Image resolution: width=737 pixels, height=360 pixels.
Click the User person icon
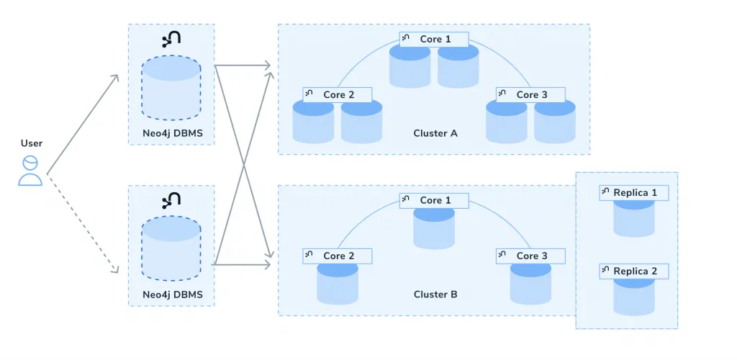pos(30,171)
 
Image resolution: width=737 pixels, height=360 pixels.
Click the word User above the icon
pos(31,143)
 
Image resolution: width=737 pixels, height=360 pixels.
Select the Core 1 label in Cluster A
pos(435,39)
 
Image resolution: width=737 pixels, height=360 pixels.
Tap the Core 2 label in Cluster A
pos(338,94)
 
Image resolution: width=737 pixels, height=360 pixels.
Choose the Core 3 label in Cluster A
pos(531,94)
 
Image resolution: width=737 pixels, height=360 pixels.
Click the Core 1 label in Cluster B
pos(435,199)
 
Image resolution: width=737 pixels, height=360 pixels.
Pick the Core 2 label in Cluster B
pos(338,256)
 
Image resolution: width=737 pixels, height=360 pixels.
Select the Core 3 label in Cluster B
pos(531,256)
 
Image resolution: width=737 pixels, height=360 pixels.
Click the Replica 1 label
pos(634,192)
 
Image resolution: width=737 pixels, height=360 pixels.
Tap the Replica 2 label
pos(634,271)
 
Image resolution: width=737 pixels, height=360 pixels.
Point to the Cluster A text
pos(435,133)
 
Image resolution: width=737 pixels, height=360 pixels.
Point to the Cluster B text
pos(435,294)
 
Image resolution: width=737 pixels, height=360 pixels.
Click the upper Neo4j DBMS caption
pos(171,133)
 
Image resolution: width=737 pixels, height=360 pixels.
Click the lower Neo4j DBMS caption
pos(171,294)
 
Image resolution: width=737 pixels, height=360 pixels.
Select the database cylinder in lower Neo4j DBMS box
pos(171,249)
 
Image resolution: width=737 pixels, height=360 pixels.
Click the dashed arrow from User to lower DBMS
pos(81,224)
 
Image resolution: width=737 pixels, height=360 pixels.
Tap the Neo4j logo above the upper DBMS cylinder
pos(171,40)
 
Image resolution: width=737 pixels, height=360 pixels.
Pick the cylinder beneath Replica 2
pos(634,298)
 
